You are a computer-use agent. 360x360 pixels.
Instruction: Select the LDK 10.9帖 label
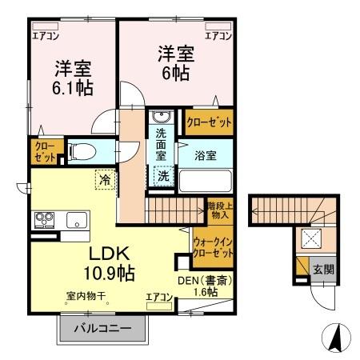pyautogui.click(x=104, y=262)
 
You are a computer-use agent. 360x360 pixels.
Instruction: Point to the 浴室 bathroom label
pyautogui.click(x=206, y=155)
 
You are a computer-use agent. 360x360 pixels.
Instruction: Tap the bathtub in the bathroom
pyautogui.click(x=204, y=179)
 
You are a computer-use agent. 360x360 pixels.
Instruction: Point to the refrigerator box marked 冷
pyautogui.click(x=105, y=180)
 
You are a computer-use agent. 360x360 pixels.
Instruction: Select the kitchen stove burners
pyautogui.click(x=42, y=218)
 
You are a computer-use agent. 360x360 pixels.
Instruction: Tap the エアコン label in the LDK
pyautogui.click(x=159, y=298)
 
